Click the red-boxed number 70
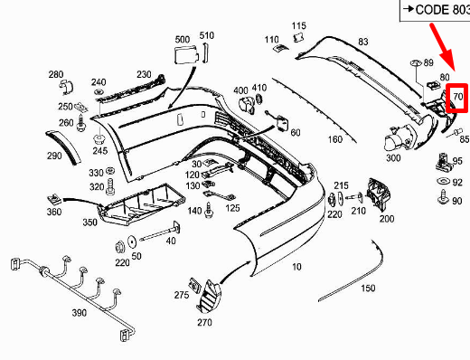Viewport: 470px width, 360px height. pyautogui.click(x=458, y=95)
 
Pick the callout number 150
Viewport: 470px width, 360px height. pyautogui.click(x=368, y=289)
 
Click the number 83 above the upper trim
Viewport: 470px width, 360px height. pyautogui.click(x=363, y=42)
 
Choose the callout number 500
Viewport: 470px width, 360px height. pyautogui.click(x=183, y=40)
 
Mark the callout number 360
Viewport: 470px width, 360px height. pyautogui.click(x=53, y=212)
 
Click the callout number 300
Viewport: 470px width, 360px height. pyautogui.click(x=393, y=158)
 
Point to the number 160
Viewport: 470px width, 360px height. pyautogui.click(x=334, y=139)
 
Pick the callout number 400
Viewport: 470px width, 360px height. pyautogui.click(x=240, y=90)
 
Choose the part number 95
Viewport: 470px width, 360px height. pyautogui.click(x=457, y=161)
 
